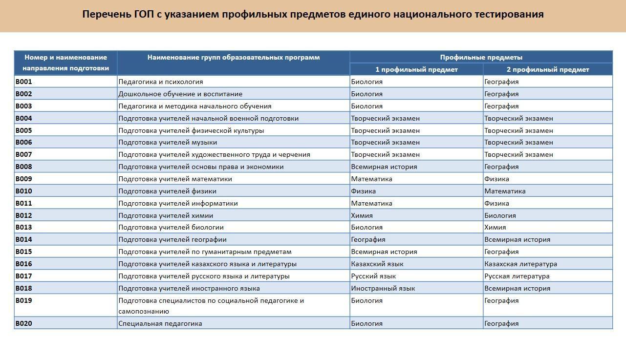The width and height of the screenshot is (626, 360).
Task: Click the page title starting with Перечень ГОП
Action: pos(313,14)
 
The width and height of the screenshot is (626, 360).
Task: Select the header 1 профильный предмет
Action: pos(416,69)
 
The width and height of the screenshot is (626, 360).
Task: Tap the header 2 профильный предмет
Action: pos(547,69)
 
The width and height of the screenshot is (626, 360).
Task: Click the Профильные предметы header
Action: pos(481,57)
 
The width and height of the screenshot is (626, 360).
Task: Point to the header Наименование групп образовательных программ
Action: pos(234,57)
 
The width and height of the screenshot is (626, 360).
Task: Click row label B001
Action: pos(24,82)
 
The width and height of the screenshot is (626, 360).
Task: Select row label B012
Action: pos(24,215)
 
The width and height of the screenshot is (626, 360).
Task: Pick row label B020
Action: pos(24,323)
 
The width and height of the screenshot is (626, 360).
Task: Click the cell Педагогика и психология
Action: pos(161,82)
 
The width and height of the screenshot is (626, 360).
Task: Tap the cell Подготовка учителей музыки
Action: pos(168,142)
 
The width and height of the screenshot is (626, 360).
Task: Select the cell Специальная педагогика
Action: pos(160,323)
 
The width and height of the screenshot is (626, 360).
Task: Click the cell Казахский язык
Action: pos(377,264)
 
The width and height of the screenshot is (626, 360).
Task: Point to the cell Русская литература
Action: pos(517,276)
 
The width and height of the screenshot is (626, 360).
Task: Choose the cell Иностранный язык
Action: pos(383,288)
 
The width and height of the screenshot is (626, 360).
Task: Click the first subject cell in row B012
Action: pos(362,215)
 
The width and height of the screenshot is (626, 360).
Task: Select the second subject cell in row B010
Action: pos(505,191)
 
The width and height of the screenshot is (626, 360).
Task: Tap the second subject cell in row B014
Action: pos(517,239)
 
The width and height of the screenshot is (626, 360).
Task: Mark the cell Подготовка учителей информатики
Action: pos(178,203)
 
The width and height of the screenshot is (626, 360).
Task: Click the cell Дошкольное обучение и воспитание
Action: pos(180,94)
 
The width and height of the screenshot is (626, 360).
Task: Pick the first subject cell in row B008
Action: pos(384,167)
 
